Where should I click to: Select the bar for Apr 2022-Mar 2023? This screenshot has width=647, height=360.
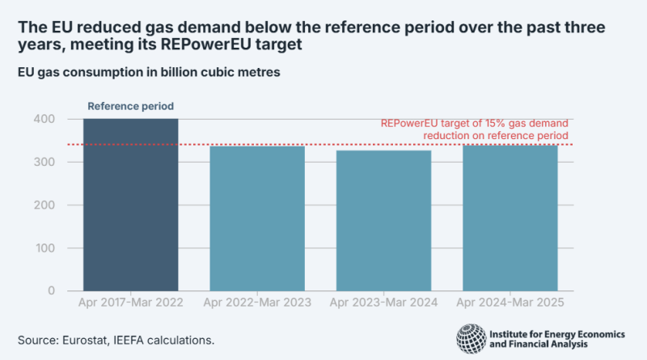[257, 218]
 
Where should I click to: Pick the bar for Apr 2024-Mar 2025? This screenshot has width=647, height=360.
[510, 218]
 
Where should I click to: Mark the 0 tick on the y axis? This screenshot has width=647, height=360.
[51, 290]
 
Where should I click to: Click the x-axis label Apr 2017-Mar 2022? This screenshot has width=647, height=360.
[130, 303]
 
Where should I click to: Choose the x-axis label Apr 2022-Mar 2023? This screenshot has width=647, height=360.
[257, 303]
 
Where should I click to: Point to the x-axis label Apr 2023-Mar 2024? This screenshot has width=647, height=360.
[383, 303]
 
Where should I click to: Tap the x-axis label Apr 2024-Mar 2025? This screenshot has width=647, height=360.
[510, 303]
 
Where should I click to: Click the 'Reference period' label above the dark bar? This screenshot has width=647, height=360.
[130, 106]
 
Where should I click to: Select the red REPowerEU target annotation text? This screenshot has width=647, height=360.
[475, 129]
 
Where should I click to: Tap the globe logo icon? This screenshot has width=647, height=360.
[472, 338]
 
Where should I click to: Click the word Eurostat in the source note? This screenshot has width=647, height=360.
[82, 340]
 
